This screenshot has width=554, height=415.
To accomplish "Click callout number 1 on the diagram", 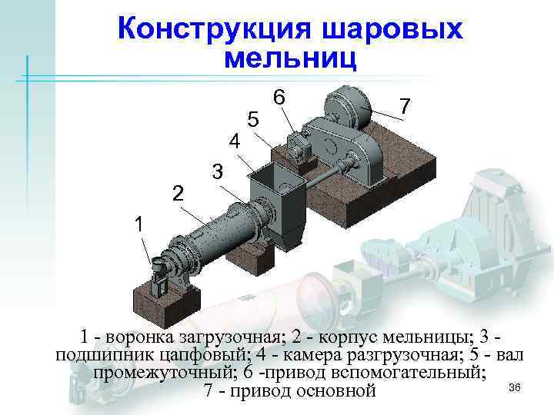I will tap(138, 225).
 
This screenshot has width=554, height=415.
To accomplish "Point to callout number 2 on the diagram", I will tap(178, 193).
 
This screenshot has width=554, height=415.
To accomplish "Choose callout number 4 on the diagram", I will tap(236, 142).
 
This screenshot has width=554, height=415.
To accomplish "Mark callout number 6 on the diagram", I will tap(280, 98).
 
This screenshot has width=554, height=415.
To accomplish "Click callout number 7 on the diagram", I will tap(406, 104).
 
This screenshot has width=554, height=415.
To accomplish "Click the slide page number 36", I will tap(516, 387).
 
